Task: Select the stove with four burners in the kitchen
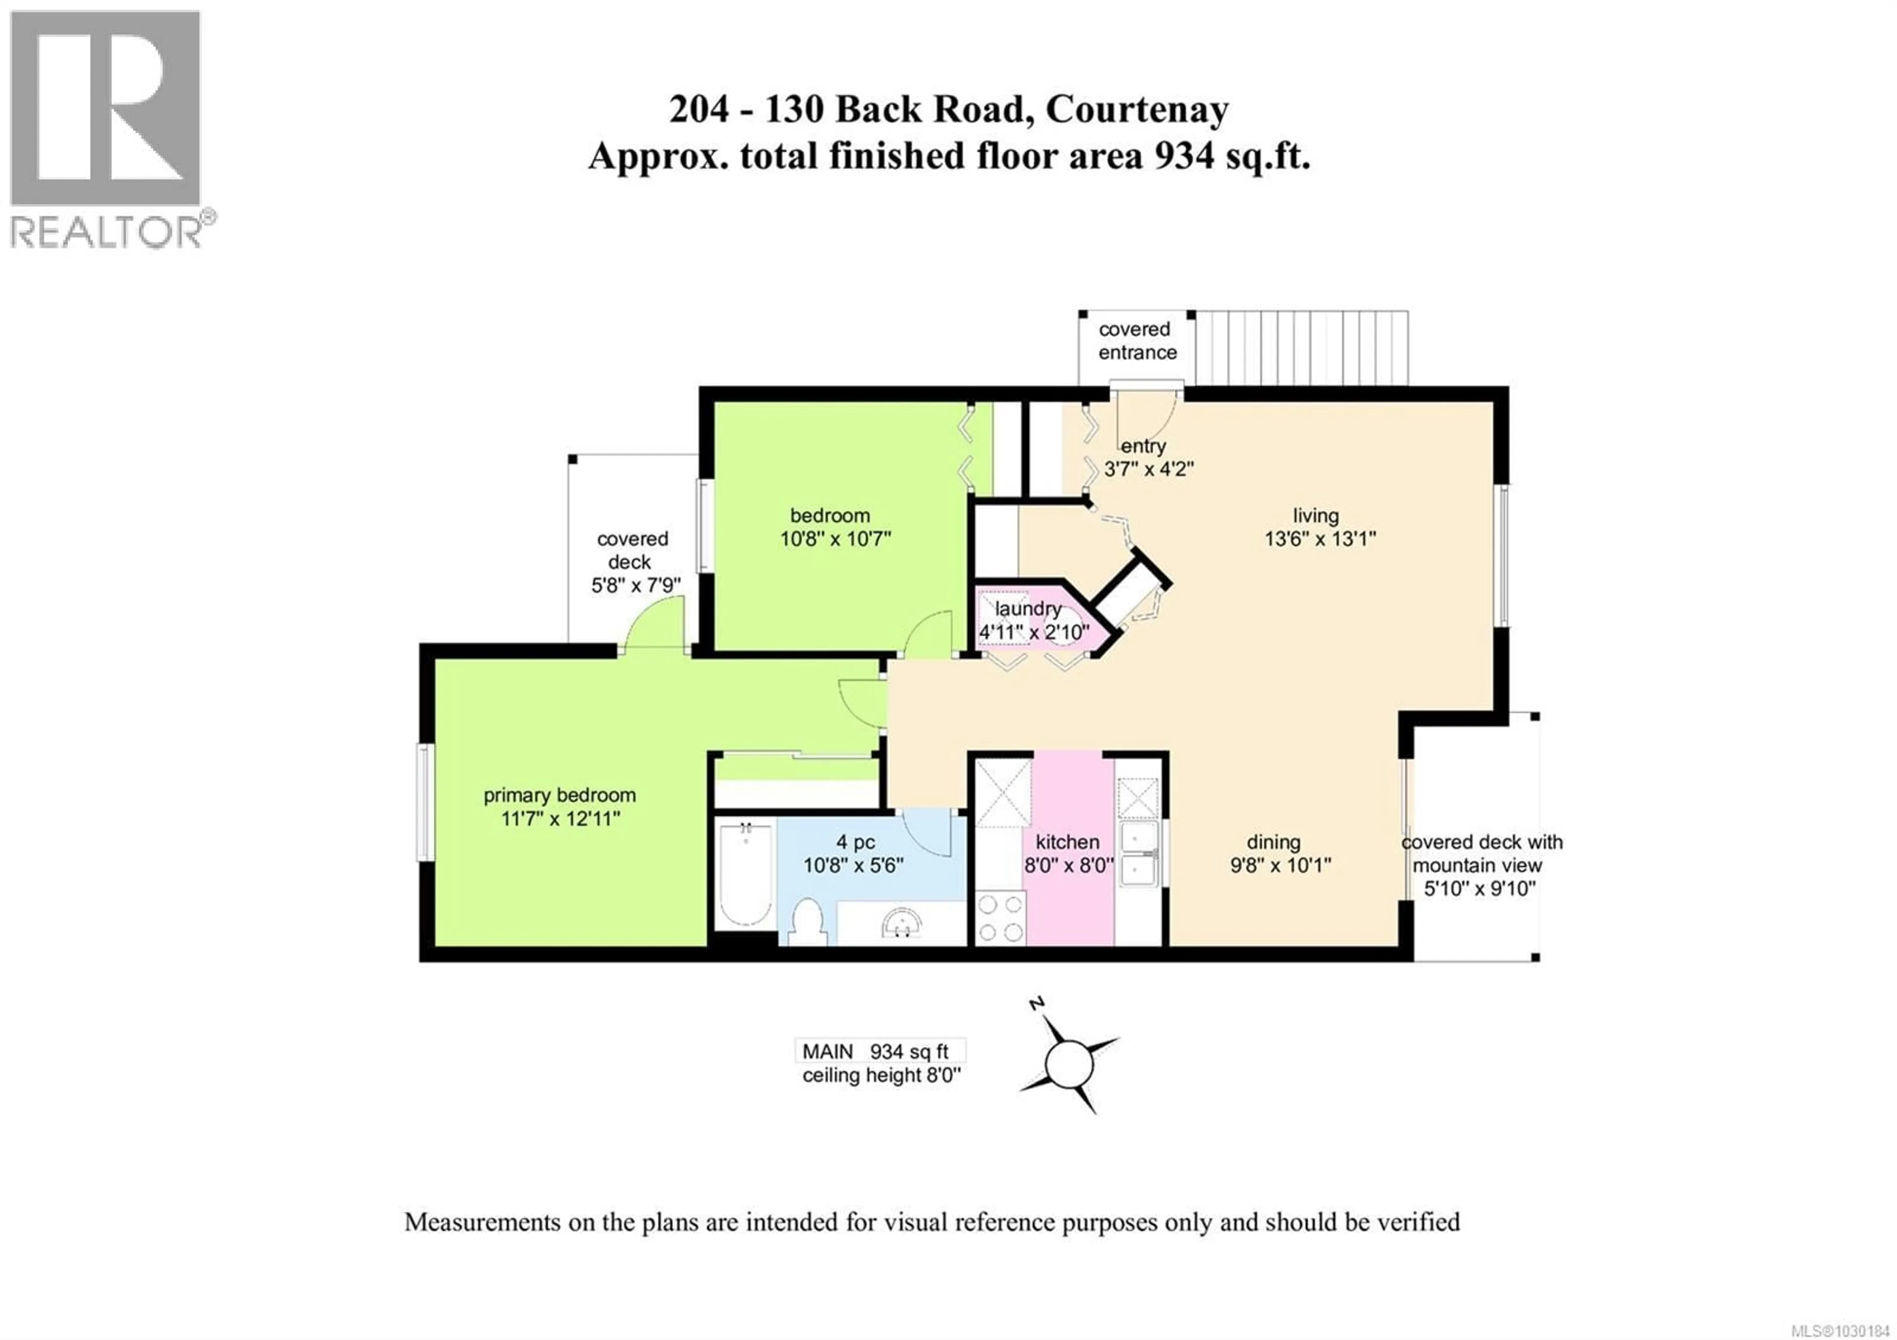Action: pyautogui.click(x=1000, y=918)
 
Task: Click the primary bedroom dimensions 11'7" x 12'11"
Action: pyautogui.click(x=560, y=819)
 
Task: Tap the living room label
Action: pyautogui.click(x=1316, y=515)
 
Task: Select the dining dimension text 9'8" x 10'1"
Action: pyautogui.click(x=1280, y=865)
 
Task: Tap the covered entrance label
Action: pyautogui.click(x=1136, y=340)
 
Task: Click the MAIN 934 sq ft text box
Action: pyautogui.click(x=879, y=1051)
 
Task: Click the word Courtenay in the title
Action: pyautogui.click(x=1137, y=110)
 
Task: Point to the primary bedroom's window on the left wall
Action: pyautogui.click(x=424, y=801)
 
